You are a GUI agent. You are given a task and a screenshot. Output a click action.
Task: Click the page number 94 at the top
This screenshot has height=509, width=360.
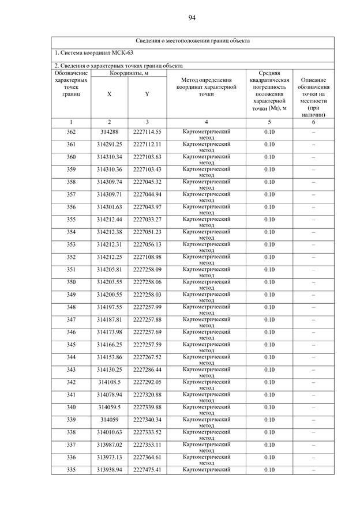tap(192, 18)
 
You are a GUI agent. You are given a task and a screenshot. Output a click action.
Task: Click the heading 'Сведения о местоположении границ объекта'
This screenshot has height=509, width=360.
tap(192, 41)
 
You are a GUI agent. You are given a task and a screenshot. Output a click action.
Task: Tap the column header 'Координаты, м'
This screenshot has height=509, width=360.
tap(128, 73)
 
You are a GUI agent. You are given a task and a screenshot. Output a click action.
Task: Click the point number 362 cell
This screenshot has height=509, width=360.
tap(71, 132)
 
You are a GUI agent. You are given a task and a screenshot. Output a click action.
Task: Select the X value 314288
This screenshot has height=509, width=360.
tap(109, 132)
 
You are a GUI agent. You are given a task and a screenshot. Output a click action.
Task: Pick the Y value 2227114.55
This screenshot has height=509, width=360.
tap(147, 132)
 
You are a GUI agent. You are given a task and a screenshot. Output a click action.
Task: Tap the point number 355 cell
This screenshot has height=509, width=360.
tap(71, 220)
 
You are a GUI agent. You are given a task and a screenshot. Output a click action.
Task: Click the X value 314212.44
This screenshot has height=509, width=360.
tap(109, 220)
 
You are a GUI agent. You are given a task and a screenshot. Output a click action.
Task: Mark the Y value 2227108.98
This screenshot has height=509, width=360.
tap(147, 257)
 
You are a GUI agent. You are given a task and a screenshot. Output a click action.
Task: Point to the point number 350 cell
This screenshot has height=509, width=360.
tap(71, 282)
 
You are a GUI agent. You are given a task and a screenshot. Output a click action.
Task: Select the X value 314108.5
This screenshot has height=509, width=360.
tap(109, 382)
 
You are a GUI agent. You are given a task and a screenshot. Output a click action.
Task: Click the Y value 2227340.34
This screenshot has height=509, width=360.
tap(147, 420)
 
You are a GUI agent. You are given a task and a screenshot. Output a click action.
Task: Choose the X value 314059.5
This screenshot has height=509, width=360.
tap(109, 407)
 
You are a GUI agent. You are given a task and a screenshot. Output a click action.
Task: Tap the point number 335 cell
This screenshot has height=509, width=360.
tap(71, 470)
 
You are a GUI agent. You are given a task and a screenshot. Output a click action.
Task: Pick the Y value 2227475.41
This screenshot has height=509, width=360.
tap(147, 470)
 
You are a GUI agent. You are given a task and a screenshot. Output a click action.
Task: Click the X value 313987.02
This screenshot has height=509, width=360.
tap(109, 444)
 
